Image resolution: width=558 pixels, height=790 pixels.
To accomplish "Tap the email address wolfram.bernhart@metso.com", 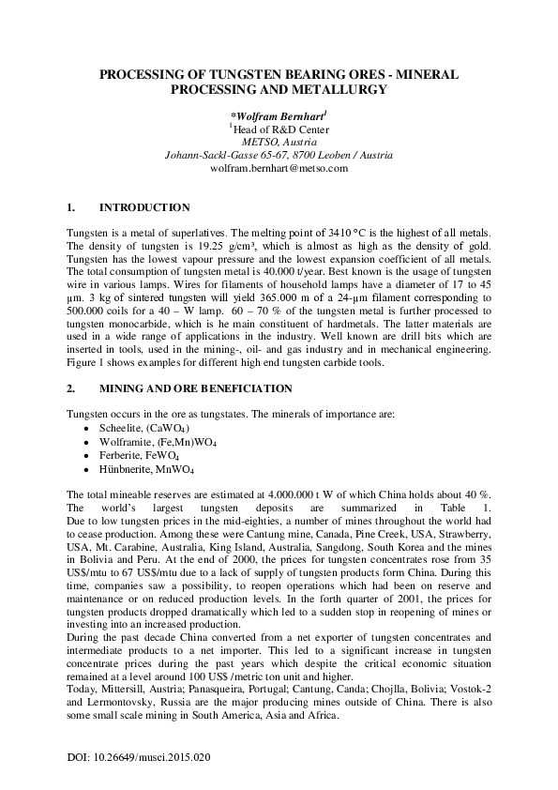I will coord(279,168).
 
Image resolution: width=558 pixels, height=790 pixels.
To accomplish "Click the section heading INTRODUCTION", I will coord(144,207).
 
